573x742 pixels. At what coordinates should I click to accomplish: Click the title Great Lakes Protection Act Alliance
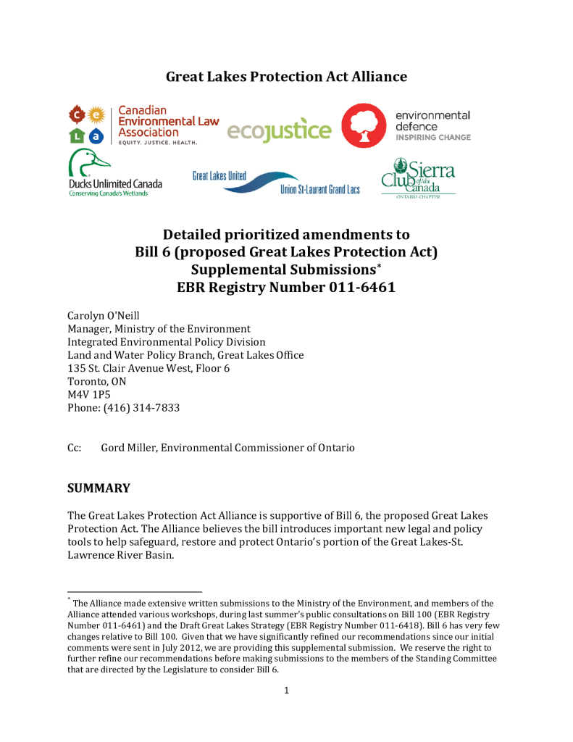286,77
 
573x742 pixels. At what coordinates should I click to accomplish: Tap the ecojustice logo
279,130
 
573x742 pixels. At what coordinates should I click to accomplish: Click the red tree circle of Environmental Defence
364,125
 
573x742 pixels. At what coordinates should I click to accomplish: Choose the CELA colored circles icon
87,124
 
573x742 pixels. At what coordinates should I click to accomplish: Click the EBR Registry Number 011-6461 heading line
286,287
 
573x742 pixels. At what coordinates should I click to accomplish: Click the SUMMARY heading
99,488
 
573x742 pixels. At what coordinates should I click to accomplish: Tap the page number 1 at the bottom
286,690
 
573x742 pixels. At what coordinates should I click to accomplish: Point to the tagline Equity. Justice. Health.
154,143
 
